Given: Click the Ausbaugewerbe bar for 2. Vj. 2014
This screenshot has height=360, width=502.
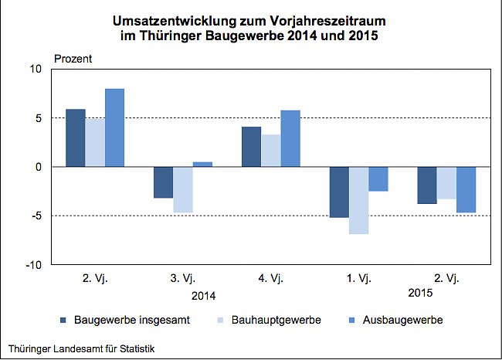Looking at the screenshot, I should [114, 127].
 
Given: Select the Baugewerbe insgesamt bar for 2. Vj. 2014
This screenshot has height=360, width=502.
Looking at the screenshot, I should [76, 138].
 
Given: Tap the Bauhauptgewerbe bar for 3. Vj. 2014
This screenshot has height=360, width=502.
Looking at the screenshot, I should [183, 189].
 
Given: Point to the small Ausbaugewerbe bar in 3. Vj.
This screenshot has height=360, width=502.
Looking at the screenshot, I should [202, 164].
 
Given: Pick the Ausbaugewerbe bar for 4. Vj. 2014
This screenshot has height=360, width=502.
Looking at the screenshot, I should [290, 138].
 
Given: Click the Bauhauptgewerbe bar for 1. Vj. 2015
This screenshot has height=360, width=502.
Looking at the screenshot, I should [358, 200].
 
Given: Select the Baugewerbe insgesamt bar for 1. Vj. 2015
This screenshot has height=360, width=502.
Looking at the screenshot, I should [339, 192].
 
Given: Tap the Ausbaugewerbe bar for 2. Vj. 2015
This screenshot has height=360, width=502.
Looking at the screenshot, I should [466, 189].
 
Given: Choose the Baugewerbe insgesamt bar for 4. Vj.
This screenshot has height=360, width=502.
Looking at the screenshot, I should [251, 147].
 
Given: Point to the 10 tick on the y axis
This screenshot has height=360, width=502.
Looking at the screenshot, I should [36, 70].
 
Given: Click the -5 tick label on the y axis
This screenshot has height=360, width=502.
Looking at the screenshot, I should [36, 216].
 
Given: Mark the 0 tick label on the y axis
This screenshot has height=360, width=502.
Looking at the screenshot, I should [39, 167].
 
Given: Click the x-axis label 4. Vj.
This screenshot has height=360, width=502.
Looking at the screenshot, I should [270, 279].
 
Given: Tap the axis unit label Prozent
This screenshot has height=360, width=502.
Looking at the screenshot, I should [73, 58].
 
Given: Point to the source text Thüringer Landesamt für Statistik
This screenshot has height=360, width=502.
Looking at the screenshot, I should [81, 349].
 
